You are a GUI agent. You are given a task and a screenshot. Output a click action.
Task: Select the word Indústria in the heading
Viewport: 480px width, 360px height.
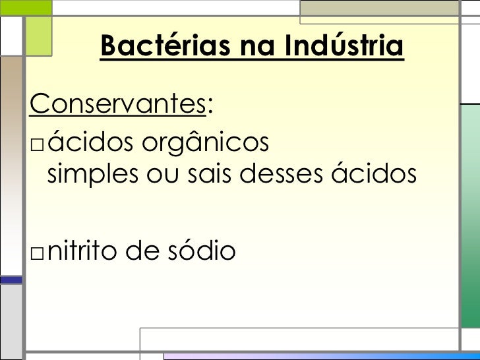click(x=345, y=46)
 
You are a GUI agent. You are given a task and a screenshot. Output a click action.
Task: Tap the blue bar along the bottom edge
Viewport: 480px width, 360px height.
click(x=316, y=357)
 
